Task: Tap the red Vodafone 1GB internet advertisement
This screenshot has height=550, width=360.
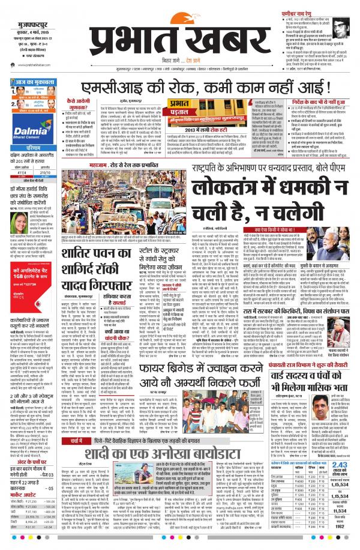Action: tap(27, 280)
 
